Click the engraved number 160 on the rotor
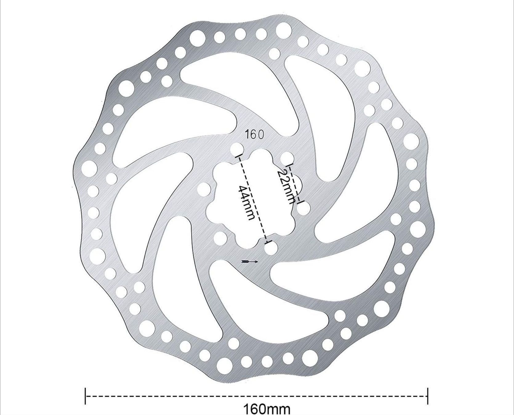pyautogui.click(x=254, y=135)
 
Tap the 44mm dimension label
pyautogui.click(x=247, y=202)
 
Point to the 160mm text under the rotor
pyautogui.click(x=267, y=409)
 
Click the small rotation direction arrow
pyautogui.click(x=250, y=262)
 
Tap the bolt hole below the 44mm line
pyautogui.click(x=271, y=248)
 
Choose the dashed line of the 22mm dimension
pyautogui.click(x=295, y=184)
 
